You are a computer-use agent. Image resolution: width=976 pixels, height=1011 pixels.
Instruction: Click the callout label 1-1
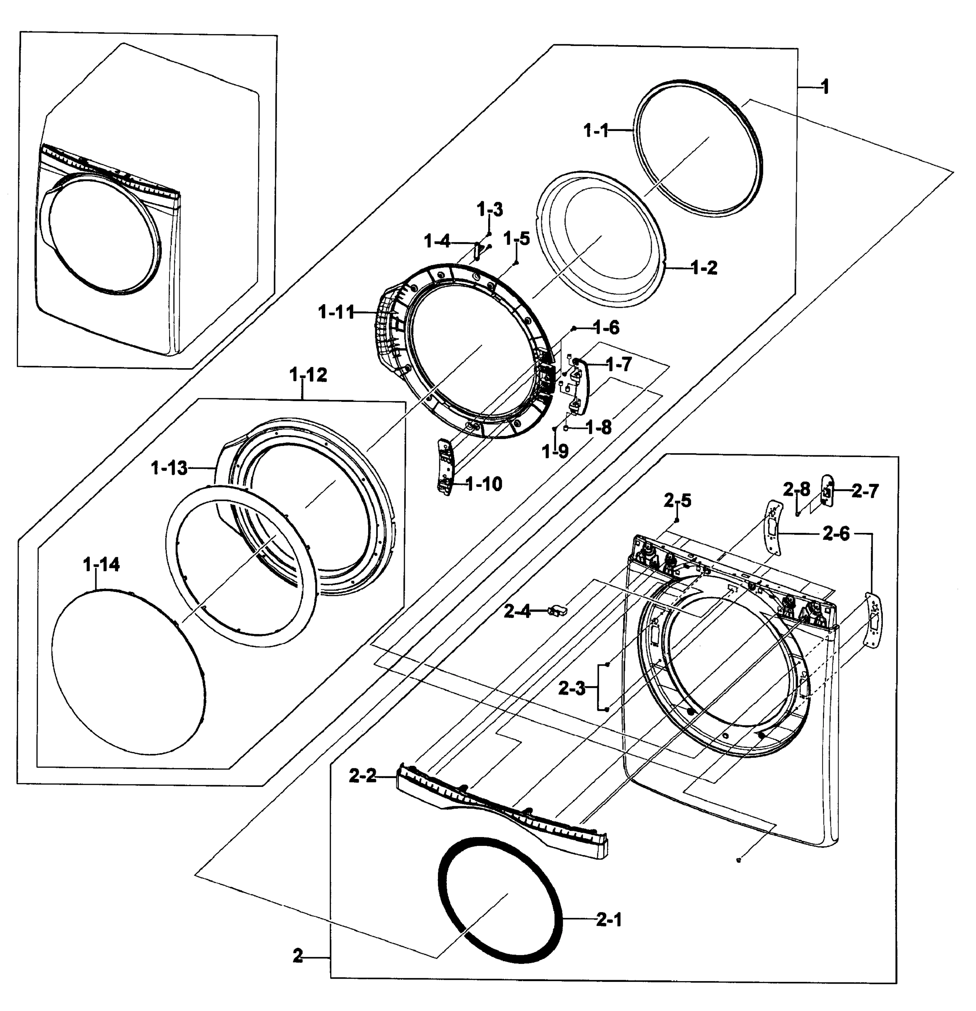[596, 131]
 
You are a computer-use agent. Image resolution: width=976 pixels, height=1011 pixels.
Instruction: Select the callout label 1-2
[704, 268]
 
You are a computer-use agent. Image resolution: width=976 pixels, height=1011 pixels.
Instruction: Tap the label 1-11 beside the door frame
[336, 312]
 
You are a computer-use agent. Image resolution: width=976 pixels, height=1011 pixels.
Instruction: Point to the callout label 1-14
[101, 565]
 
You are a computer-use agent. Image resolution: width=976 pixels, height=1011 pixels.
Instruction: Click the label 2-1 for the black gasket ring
[609, 920]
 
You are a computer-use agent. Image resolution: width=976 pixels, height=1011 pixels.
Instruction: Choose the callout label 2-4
[517, 612]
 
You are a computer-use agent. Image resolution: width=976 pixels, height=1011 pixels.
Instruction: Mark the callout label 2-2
[363, 776]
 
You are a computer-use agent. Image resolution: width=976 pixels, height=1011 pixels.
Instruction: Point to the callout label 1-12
[308, 375]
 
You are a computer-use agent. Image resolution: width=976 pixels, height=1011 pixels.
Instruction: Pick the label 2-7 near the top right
[865, 492]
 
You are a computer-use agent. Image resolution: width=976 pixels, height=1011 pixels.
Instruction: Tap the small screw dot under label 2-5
[677, 520]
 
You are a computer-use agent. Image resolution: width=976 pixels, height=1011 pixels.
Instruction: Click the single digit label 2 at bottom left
[297, 956]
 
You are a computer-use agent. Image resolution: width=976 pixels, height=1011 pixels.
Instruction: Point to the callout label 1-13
[169, 468]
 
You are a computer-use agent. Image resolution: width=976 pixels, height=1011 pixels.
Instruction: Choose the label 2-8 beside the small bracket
[796, 489]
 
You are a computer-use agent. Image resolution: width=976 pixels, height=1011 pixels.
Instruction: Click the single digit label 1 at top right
[825, 87]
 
